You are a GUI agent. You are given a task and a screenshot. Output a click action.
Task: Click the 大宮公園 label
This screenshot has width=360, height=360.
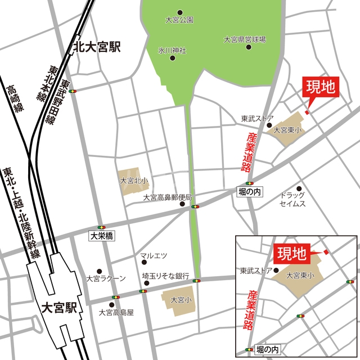tap(179, 20)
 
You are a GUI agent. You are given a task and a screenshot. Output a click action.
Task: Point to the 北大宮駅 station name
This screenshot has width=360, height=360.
tap(97, 47)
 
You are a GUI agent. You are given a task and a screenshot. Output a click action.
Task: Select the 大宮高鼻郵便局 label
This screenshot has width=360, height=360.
tap(168, 197)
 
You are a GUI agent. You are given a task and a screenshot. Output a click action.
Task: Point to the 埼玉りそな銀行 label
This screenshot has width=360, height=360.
tap(165, 276)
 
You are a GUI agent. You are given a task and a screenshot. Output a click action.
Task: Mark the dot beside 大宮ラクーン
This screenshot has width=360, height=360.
tap(99, 271)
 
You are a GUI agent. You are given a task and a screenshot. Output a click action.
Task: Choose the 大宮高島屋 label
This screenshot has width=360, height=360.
tap(116, 312)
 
